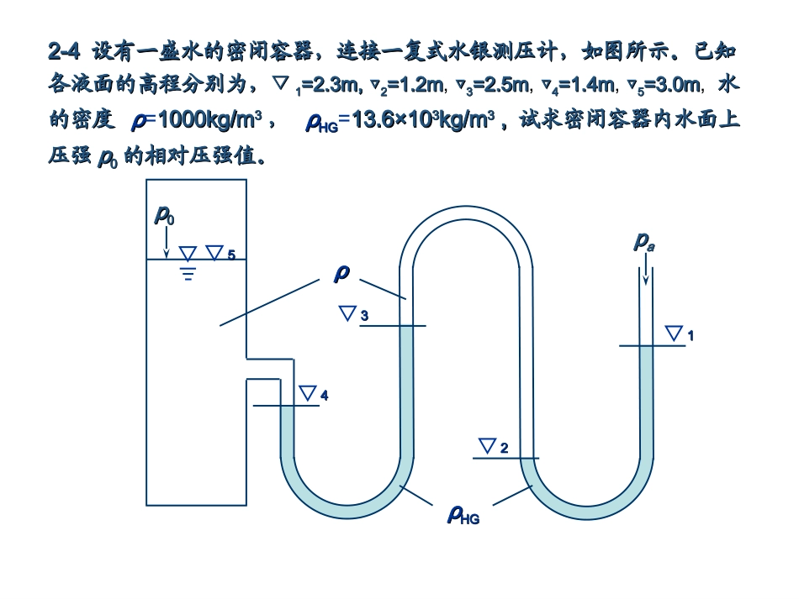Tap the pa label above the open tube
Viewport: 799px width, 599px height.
[644, 242]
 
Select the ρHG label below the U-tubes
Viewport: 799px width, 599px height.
[463, 515]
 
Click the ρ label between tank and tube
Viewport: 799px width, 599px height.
[341, 274]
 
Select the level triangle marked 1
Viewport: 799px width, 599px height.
[675, 334]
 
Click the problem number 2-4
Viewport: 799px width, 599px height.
[64, 52]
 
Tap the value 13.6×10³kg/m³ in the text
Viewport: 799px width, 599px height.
[420, 120]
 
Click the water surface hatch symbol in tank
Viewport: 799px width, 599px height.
[188, 271]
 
